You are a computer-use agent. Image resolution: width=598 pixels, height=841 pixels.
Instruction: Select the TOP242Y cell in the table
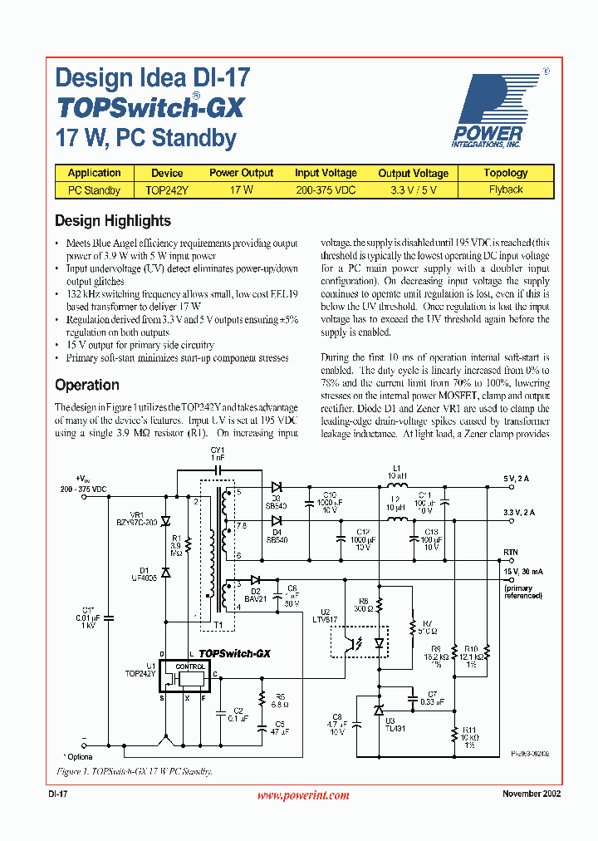167,189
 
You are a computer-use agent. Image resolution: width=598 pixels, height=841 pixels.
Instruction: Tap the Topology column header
505,173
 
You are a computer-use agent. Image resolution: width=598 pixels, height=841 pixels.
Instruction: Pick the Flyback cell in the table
505,189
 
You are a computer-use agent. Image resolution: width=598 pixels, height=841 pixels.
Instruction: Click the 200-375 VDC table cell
326,189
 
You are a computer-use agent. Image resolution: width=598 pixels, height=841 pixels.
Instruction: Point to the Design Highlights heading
113,221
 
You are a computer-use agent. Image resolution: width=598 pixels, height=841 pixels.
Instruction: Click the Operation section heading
87,385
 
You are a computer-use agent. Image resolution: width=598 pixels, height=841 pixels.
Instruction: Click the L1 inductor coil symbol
397,486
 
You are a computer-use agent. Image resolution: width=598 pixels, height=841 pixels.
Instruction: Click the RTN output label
510,552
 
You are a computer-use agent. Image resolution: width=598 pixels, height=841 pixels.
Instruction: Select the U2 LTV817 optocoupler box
360,641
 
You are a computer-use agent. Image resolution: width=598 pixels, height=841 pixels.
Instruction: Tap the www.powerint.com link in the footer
303,795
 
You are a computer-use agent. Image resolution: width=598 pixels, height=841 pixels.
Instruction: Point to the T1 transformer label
218,625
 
